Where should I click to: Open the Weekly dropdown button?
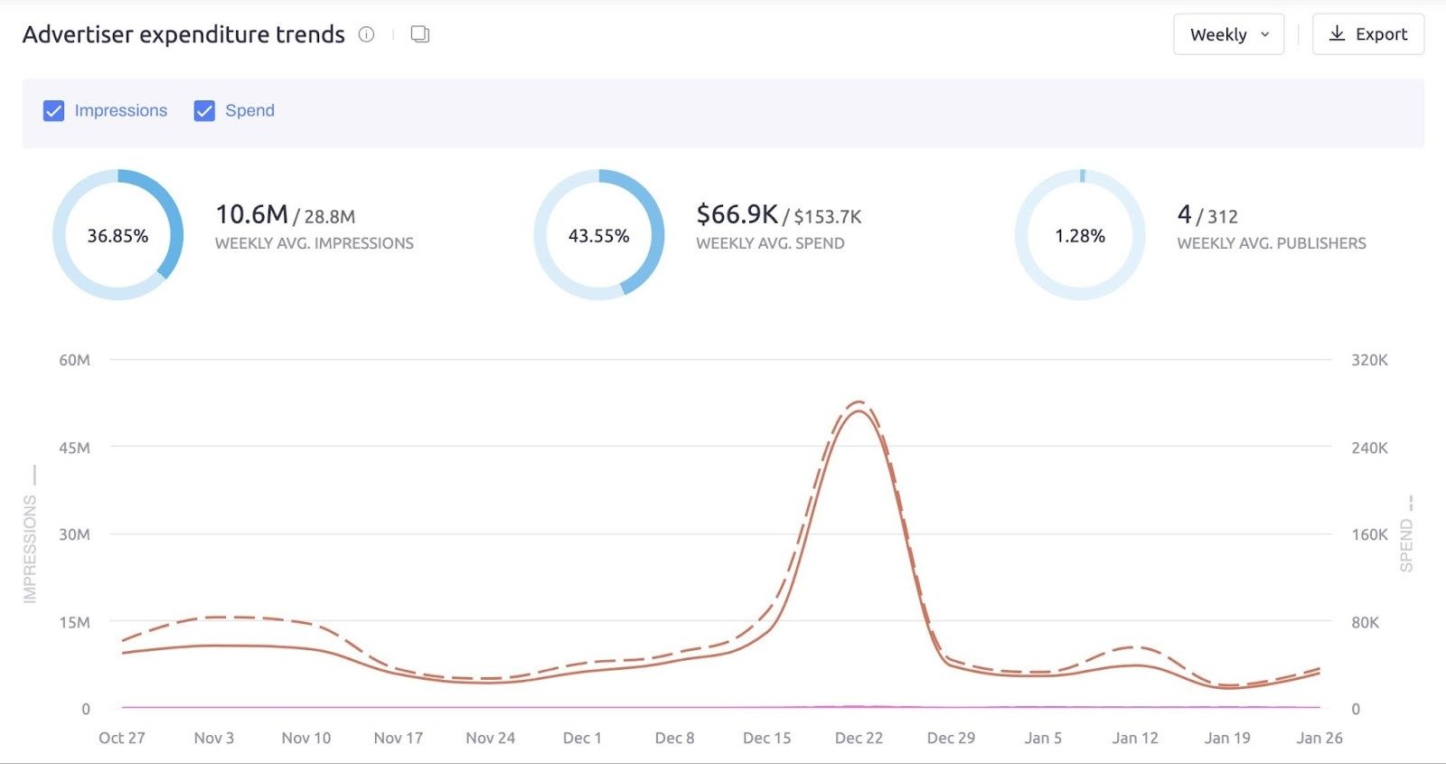pyautogui.click(x=1228, y=34)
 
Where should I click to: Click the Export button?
pyautogui.click(x=1367, y=34)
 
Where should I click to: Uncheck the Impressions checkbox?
pyautogui.click(x=54, y=110)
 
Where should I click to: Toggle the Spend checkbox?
pyautogui.click(x=204, y=110)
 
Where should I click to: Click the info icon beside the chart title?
pyautogui.click(x=366, y=34)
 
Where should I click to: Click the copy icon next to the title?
pyautogui.click(x=419, y=34)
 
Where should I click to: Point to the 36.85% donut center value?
pyautogui.click(x=117, y=236)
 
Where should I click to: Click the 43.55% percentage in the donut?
pyautogui.click(x=598, y=236)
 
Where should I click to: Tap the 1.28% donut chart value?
pyautogui.click(x=1080, y=236)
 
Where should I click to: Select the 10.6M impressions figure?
pyautogui.click(x=251, y=214)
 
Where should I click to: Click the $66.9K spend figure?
pyautogui.click(x=737, y=214)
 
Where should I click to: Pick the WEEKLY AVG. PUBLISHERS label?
pyautogui.click(x=1271, y=243)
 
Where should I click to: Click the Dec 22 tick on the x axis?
pyautogui.click(x=859, y=738)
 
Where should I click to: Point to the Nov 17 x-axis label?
pyautogui.click(x=398, y=738)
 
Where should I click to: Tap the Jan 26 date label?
pyautogui.click(x=1319, y=738)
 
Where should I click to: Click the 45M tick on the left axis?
pyautogui.click(x=74, y=448)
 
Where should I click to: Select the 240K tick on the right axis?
pyautogui.click(x=1369, y=448)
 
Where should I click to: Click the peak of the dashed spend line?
pyautogui.click(x=859, y=401)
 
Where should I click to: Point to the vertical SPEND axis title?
pyautogui.click(x=1406, y=545)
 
